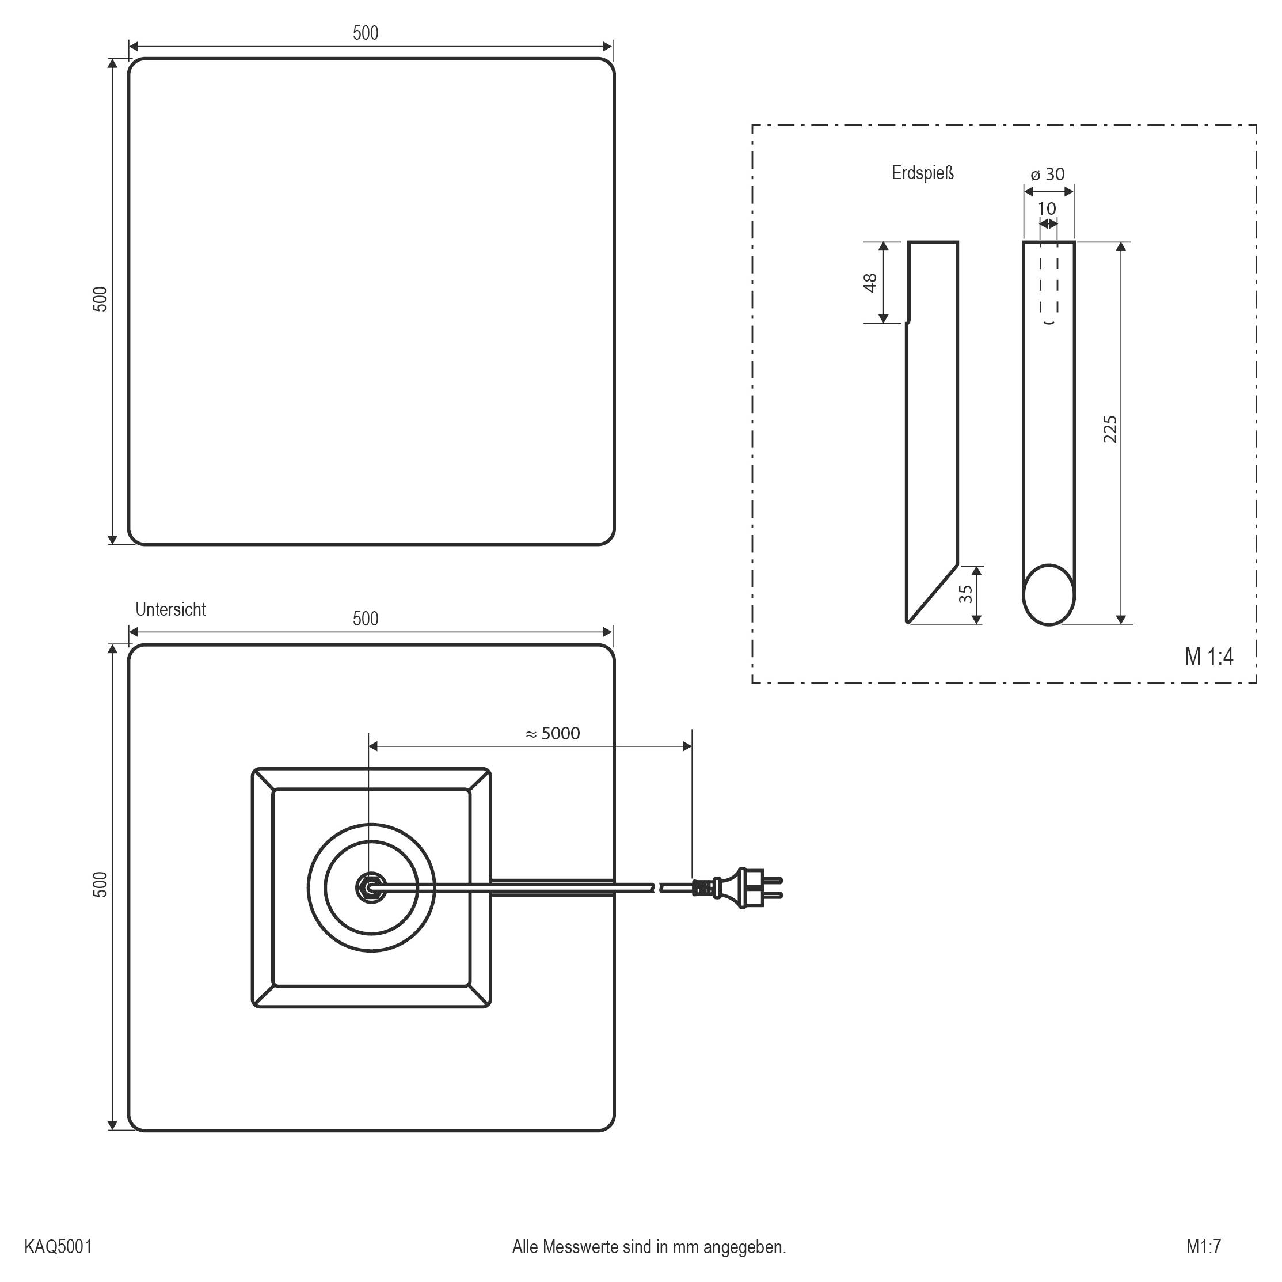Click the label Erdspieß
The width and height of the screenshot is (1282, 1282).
tap(922, 173)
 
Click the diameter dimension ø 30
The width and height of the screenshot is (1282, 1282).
tap(1047, 175)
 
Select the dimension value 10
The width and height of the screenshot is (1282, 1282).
tap(1047, 208)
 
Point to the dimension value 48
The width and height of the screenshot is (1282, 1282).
tap(870, 282)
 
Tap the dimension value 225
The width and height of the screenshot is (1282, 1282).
tap(1109, 429)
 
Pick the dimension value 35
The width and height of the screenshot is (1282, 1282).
tap(966, 594)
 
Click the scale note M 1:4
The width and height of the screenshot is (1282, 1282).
tap(1208, 657)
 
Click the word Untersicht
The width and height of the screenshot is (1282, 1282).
tap(170, 609)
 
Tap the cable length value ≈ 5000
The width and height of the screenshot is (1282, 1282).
tap(552, 733)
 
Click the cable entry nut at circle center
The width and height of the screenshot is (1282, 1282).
tap(368, 887)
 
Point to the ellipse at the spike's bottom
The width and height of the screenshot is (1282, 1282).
tap(1048, 595)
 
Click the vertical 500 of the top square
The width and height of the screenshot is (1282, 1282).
tap(100, 299)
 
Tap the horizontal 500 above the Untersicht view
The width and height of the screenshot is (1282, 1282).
tap(365, 619)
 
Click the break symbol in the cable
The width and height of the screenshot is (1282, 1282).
tap(657, 887)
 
